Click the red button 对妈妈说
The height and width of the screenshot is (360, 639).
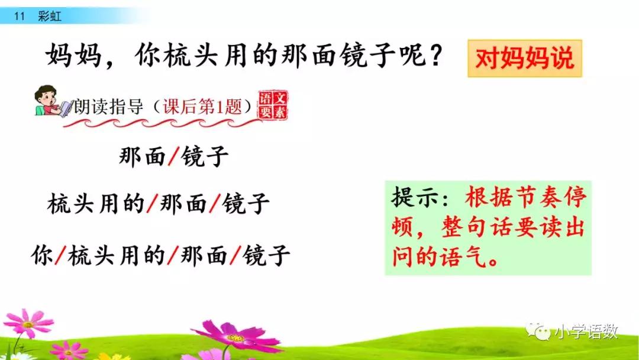point(524,59)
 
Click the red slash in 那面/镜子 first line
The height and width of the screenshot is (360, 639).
point(173,157)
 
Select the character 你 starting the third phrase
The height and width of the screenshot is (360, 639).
point(43,256)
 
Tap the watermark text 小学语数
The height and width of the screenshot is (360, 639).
point(585,332)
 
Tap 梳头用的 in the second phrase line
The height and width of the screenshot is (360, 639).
point(96,204)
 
